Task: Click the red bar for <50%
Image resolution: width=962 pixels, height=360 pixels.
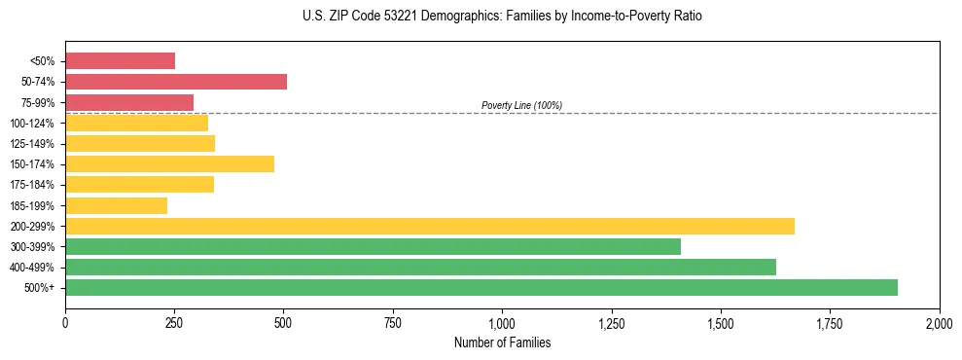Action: coord(120,61)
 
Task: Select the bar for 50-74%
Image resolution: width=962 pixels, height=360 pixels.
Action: coord(176,82)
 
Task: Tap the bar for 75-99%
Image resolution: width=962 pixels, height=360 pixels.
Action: coord(129,102)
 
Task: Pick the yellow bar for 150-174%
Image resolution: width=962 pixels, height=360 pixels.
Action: coord(169,163)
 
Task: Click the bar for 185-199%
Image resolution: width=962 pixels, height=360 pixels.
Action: coord(116,205)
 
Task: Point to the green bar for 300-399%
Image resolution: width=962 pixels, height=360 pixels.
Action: coord(373,246)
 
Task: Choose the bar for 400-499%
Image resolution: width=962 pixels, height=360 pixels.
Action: coord(420,267)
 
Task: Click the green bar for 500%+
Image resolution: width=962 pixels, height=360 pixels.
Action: coord(481,287)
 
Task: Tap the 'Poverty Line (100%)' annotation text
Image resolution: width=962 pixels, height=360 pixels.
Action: coord(521,105)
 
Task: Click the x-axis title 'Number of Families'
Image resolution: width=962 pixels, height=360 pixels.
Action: coord(502,342)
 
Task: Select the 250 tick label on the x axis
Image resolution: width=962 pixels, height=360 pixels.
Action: coord(174,322)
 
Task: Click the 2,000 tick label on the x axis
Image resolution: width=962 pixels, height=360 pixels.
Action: coord(939,322)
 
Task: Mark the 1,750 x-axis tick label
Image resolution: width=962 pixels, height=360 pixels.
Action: coord(830,322)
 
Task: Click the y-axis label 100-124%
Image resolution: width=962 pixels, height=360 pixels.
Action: coord(33,124)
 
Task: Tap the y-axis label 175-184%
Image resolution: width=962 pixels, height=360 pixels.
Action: coord(33,185)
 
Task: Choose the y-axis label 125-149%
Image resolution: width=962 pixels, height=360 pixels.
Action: coord(33,144)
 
